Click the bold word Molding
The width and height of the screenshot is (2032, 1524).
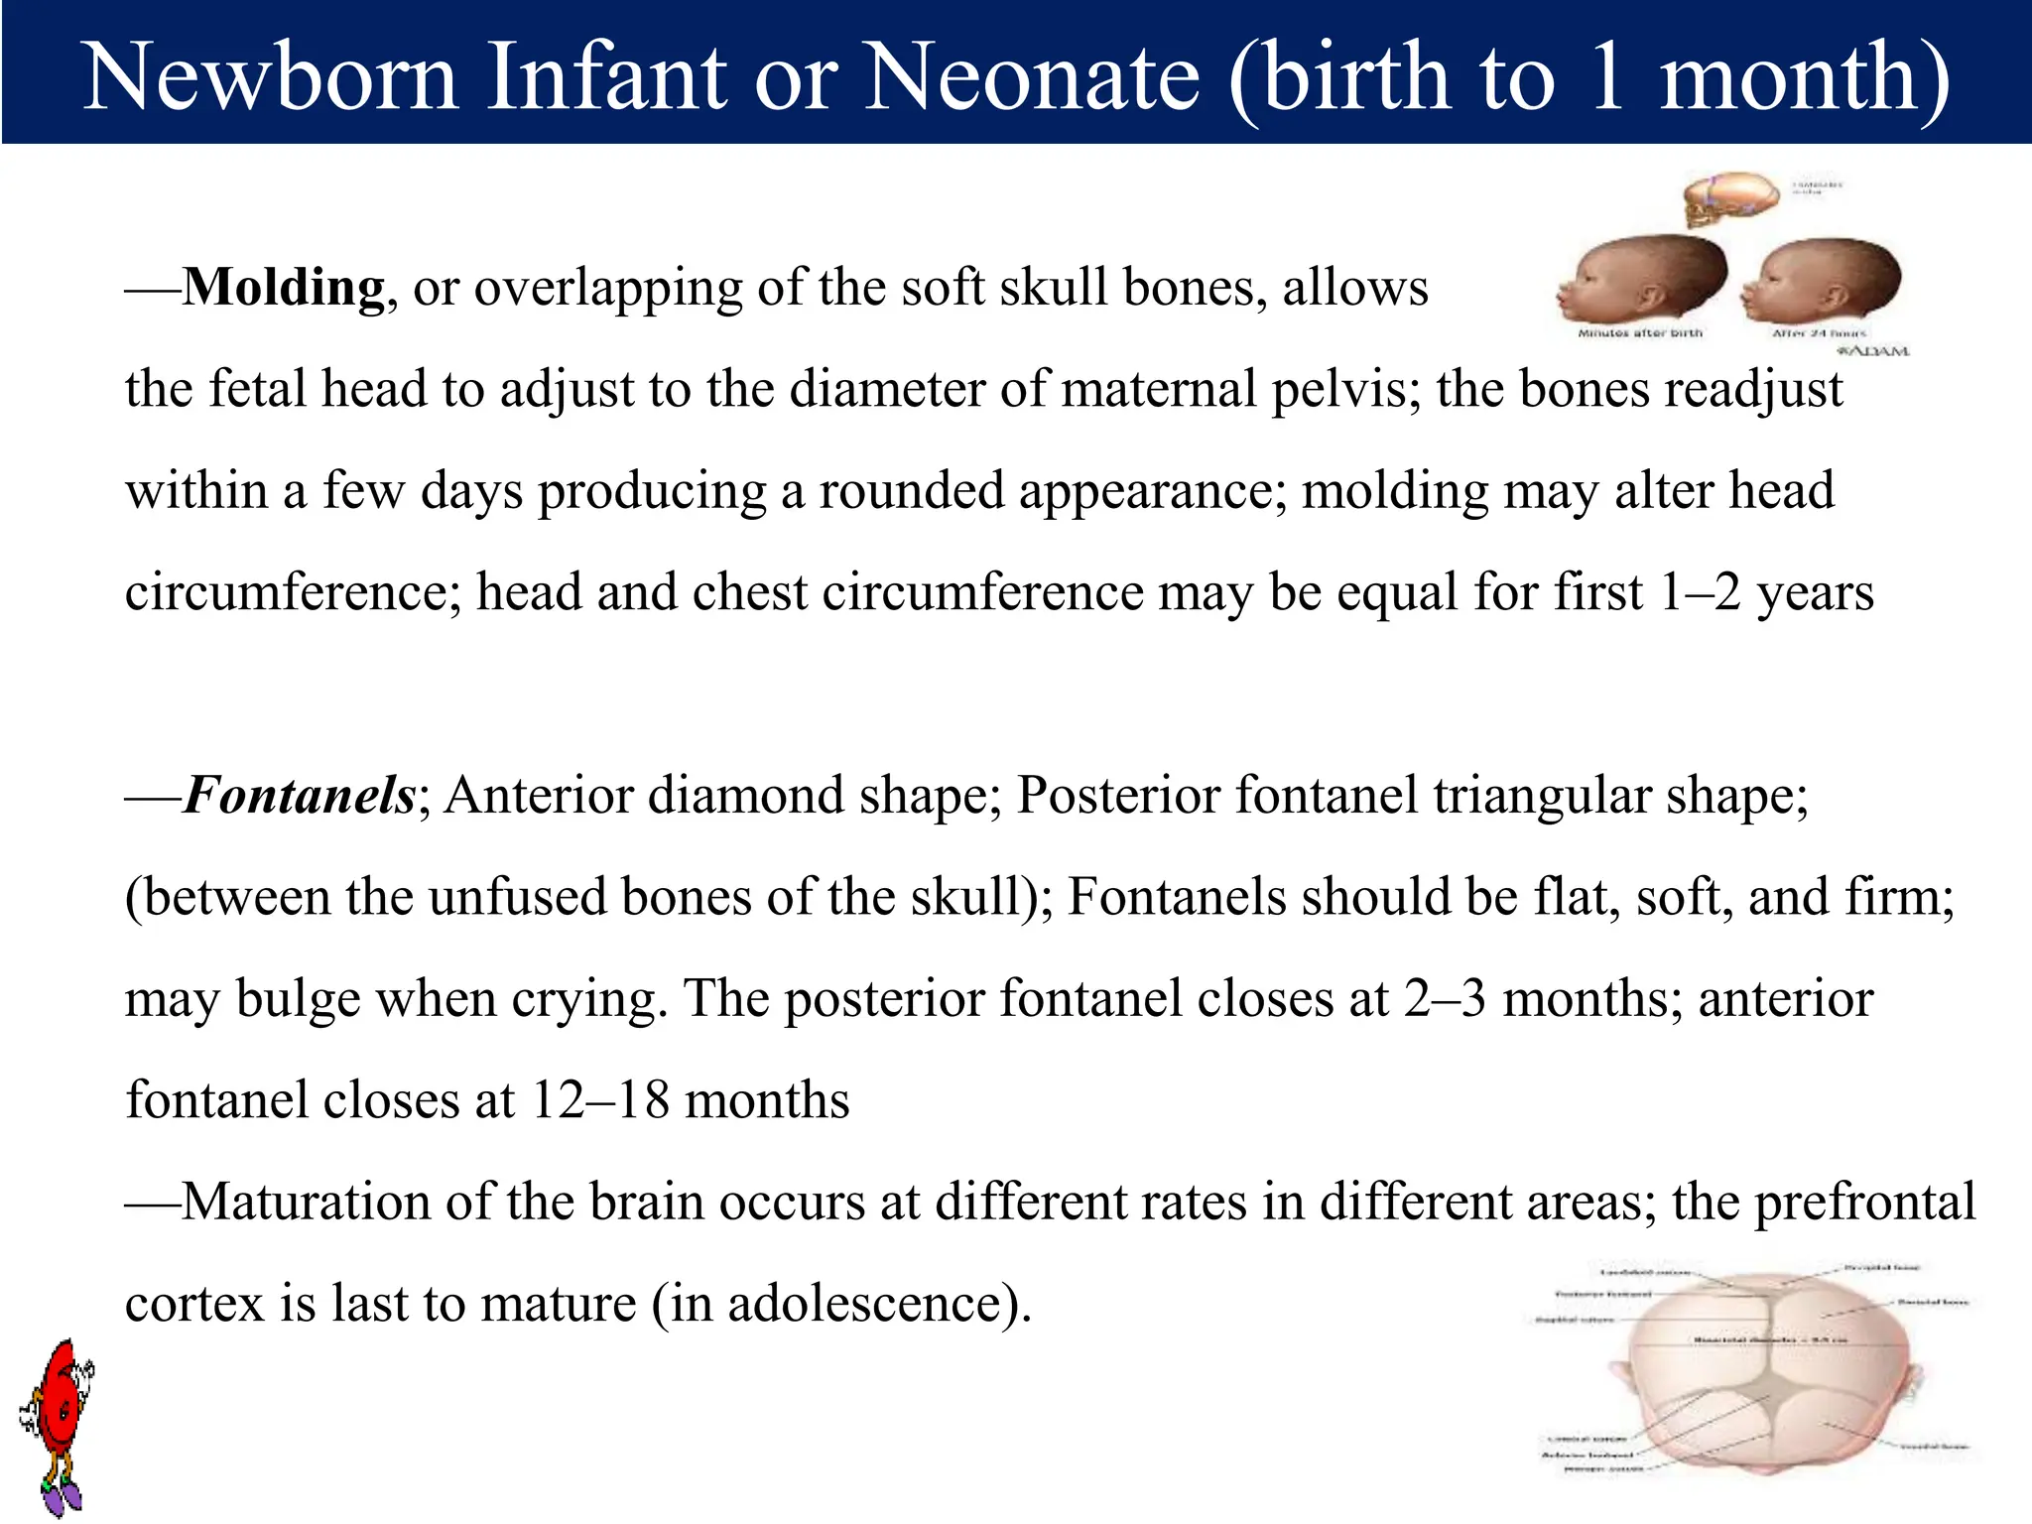coord(284,288)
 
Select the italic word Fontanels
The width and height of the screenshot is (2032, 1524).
coord(300,796)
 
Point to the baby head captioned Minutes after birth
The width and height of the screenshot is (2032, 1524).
coord(1642,279)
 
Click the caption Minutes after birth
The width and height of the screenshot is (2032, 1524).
coord(1640,333)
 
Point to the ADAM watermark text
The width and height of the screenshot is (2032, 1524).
coord(1873,351)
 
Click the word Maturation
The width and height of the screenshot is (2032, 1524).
coord(307,1203)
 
